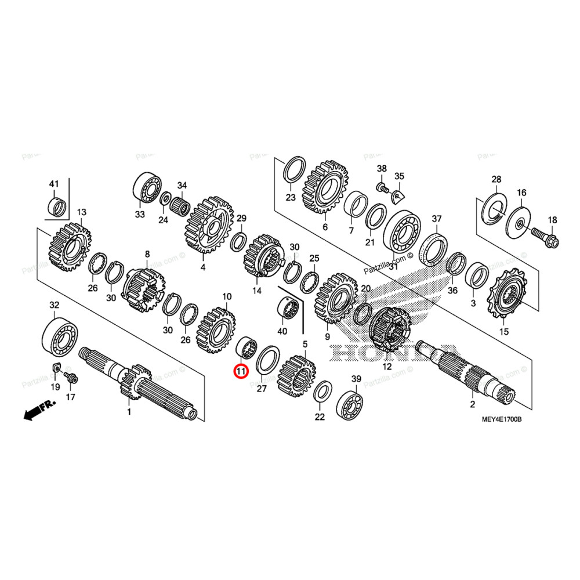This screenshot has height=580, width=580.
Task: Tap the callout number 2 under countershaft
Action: (472, 404)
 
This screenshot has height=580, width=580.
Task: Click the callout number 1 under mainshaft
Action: (129, 412)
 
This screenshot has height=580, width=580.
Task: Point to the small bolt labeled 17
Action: (71, 378)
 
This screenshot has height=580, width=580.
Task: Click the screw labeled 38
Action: (382, 187)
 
